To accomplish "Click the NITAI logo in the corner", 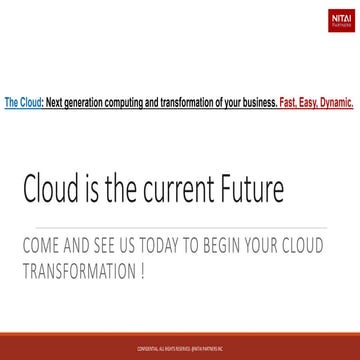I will point(341,17).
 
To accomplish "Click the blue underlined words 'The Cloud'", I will point(22,74).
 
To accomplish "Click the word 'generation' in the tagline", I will point(83,74).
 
